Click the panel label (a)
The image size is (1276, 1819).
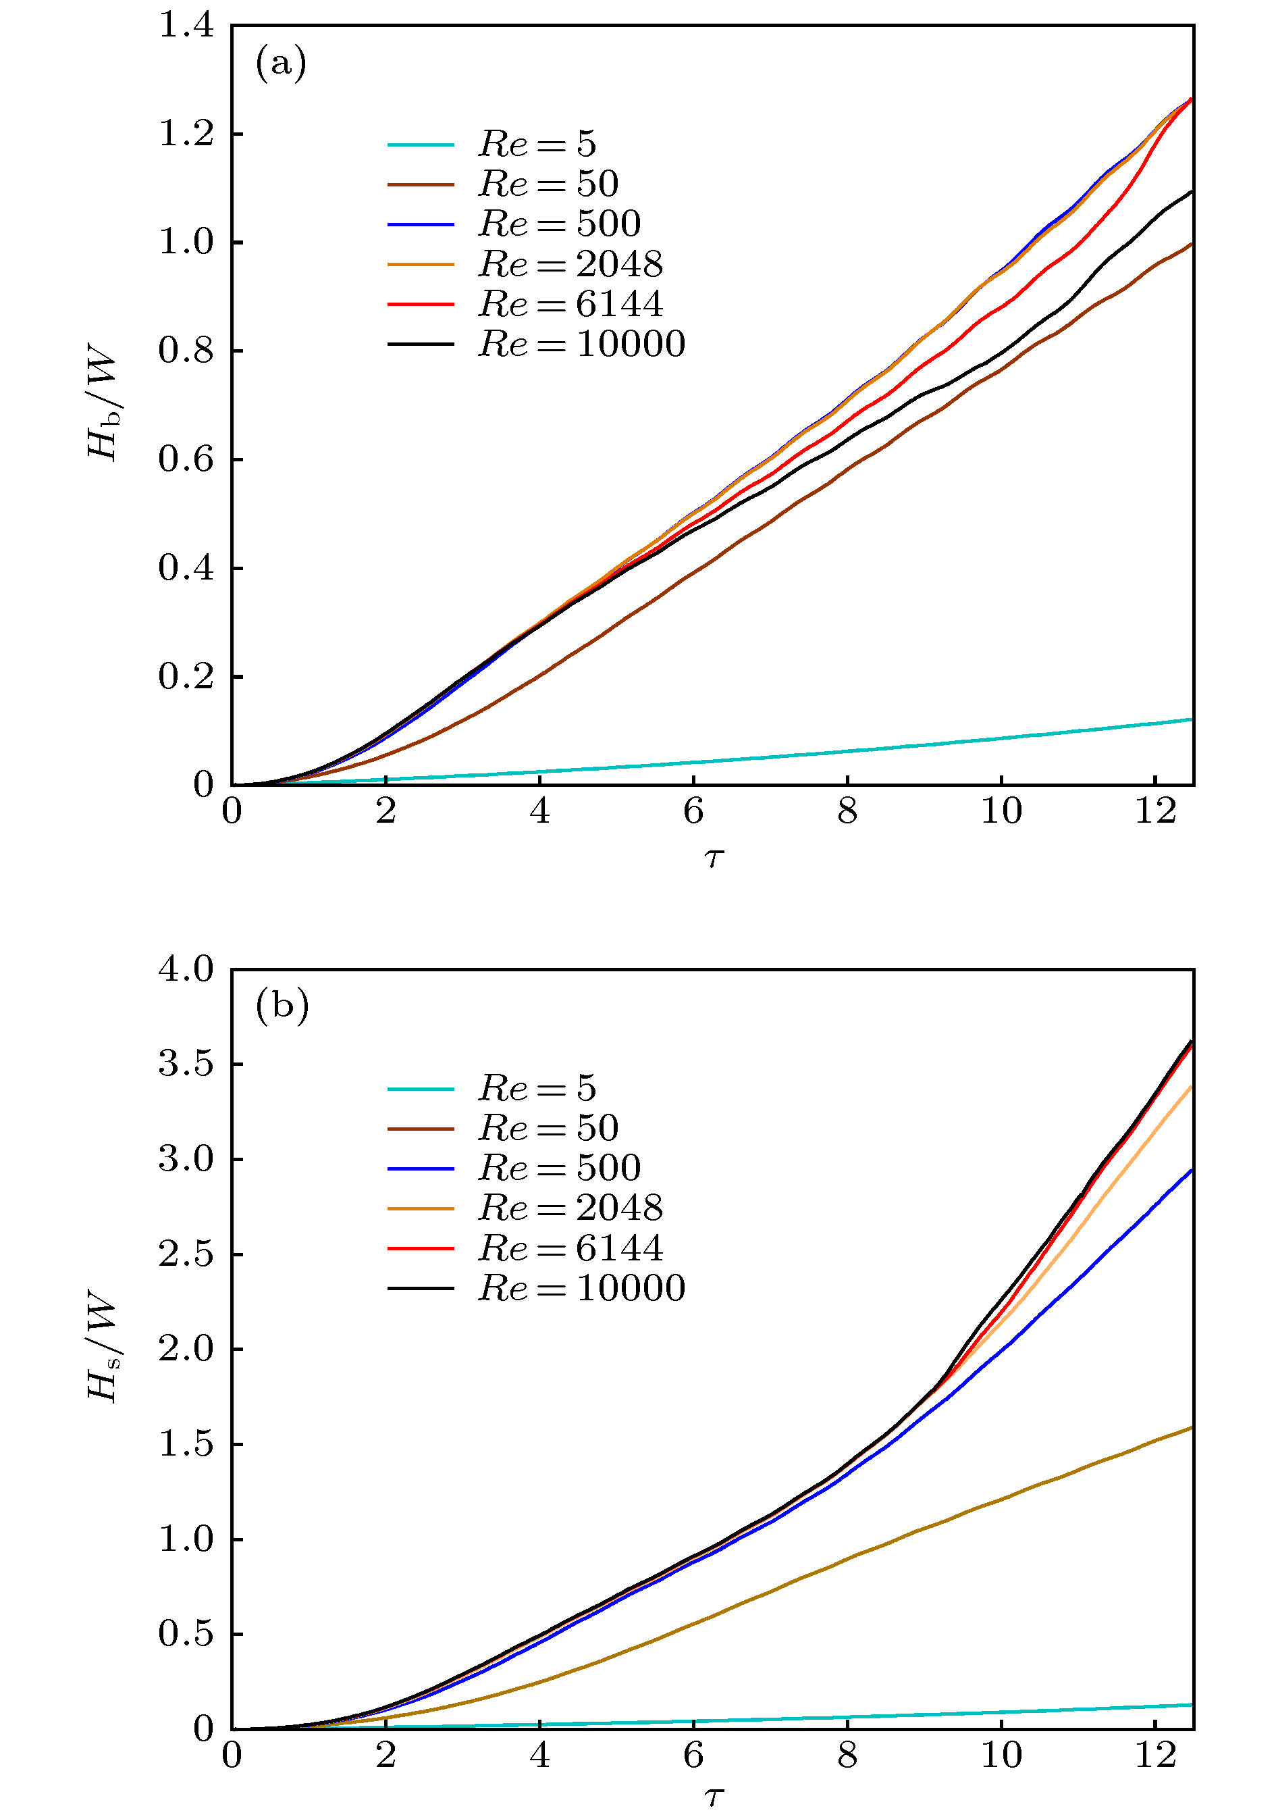click(x=280, y=63)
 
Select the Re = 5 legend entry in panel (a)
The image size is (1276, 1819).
click(x=536, y=144)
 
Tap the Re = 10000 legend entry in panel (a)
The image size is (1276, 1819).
click(x=581, y=344)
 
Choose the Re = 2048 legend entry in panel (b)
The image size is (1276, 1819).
click(x=570, y=1208)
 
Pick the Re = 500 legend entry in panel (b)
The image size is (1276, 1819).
click(x=558, y=1168)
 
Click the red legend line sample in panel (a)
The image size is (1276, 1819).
click(x=421, y=304)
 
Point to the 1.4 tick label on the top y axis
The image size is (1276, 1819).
click(x=186, y=26)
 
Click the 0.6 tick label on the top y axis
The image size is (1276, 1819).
click(x=186, y=459)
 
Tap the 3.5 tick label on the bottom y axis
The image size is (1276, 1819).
click(x=186, y=1064)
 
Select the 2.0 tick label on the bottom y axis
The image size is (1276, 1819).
click(x=186, y=1349)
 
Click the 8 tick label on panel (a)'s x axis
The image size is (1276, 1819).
click(x=847, y=811)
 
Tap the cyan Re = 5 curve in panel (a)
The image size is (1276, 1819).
click(x=847, y=750)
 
